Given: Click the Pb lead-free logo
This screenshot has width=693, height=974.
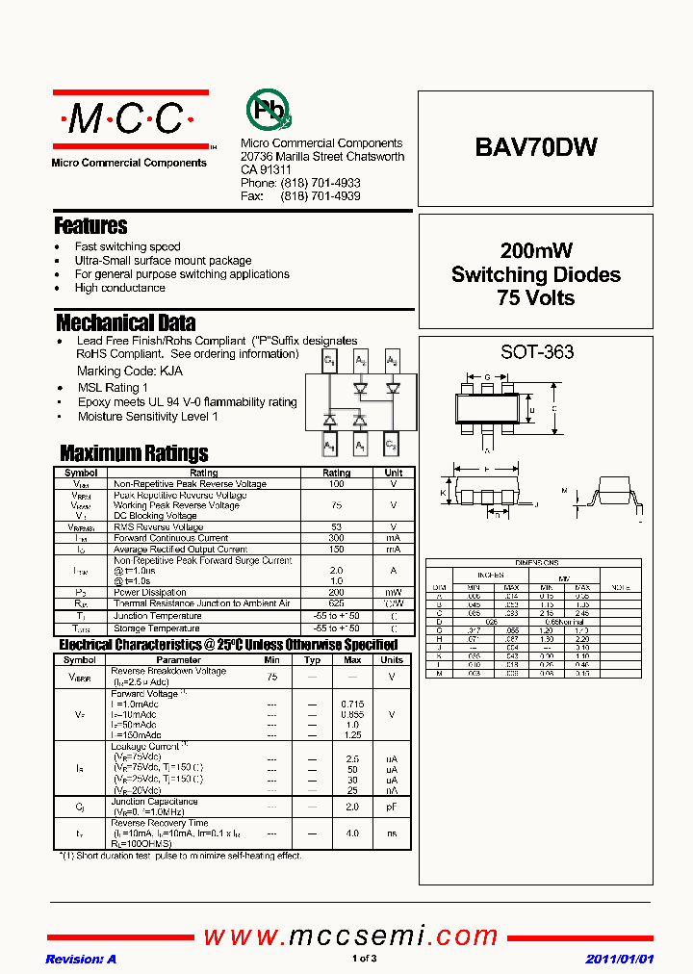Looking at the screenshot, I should (x=269, y=111).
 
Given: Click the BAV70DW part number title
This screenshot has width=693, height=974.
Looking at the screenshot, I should (x=536, y=147).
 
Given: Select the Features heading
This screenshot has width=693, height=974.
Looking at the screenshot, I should (x=91, y=226).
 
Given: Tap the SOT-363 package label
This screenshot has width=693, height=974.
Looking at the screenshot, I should (x=536, y=352).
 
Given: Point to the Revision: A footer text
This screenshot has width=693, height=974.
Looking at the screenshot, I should (x=81, y=959).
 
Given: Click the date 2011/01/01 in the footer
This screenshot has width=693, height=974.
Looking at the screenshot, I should (x=620, y=959).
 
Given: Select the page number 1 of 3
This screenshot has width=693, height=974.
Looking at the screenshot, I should (x=364, y=959).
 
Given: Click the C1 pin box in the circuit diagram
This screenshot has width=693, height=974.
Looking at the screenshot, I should (x=329, y=362).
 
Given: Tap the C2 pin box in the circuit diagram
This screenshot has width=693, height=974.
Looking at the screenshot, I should (x=391, y=445).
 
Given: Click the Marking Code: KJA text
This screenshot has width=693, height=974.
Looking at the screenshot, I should (x=130, y=371).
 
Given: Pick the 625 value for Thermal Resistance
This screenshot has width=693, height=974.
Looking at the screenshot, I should (x=336, y=603).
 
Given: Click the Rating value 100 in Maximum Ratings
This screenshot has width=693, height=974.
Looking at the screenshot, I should (x=336, y=484).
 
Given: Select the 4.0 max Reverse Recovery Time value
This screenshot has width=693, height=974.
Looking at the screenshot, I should (x=352, y=833).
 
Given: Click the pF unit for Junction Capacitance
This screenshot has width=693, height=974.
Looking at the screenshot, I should (x=392, y=807).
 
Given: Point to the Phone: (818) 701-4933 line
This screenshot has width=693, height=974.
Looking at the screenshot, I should (x=300, y=183).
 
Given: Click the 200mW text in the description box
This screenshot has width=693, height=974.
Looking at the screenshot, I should (x=536, y=251).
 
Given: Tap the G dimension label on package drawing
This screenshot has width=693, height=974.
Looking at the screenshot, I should (x=487, y=376).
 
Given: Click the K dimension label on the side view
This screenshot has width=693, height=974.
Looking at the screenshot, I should (x=443, y=494).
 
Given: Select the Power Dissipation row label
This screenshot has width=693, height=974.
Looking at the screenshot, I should (x=150, y=593).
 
